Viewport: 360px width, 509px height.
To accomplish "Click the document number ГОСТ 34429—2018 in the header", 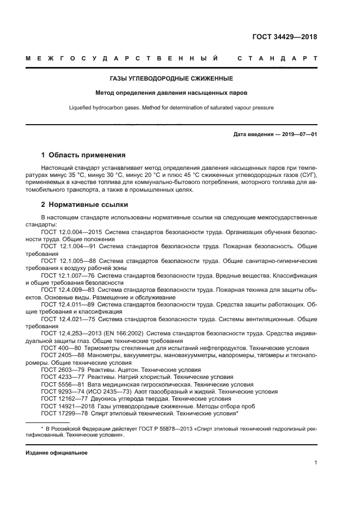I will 284,37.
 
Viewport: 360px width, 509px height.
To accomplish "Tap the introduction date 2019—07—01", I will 299,134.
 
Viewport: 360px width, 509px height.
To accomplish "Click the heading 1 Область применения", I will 83,155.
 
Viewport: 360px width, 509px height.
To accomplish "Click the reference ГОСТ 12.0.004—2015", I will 70,232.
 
